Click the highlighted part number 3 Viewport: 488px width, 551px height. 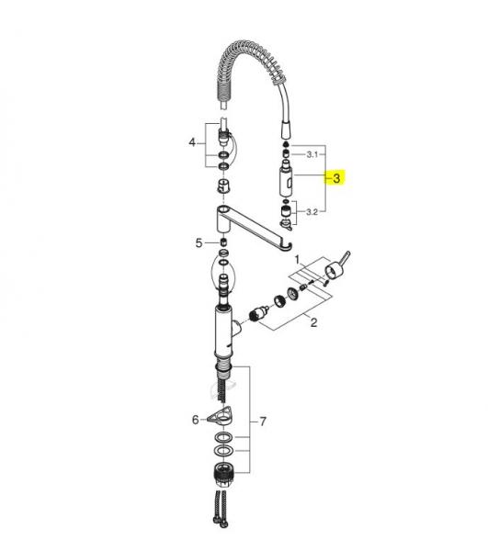(x=336, y=178)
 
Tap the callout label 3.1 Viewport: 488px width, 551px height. (x=312, y=154)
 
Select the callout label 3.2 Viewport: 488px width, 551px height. (x=312, y=212)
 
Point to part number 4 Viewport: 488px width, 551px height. (x=192, y=142)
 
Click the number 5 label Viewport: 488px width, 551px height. (x=199, y=242)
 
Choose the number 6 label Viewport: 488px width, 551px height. (x=196, y=420)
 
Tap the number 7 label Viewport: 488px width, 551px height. (x=263, y=422)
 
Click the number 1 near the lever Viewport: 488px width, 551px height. (x=297, y=260)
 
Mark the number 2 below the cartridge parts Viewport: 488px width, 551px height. (x=313, y=322)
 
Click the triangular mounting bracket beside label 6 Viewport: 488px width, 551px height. (x=220, y=415)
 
